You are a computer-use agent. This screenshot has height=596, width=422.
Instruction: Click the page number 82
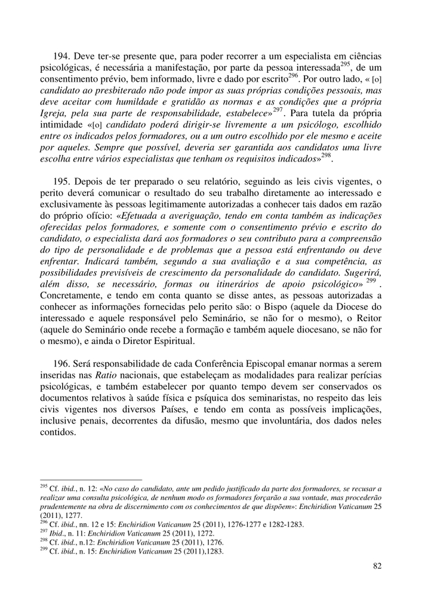(x=376, y=566)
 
